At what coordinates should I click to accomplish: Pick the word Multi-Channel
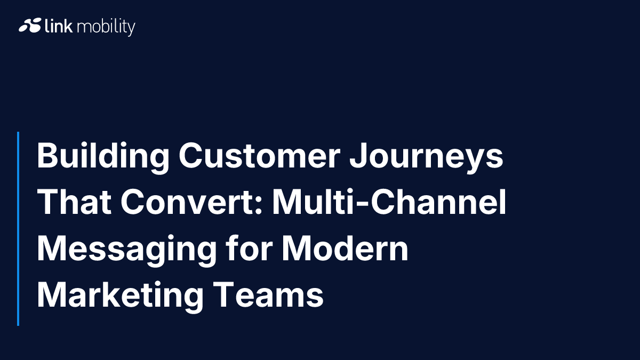point(389,203)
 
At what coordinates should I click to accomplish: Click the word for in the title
point(250,249)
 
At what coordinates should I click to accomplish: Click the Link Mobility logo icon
point(30,26)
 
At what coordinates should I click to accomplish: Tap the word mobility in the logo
point(106,27)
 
